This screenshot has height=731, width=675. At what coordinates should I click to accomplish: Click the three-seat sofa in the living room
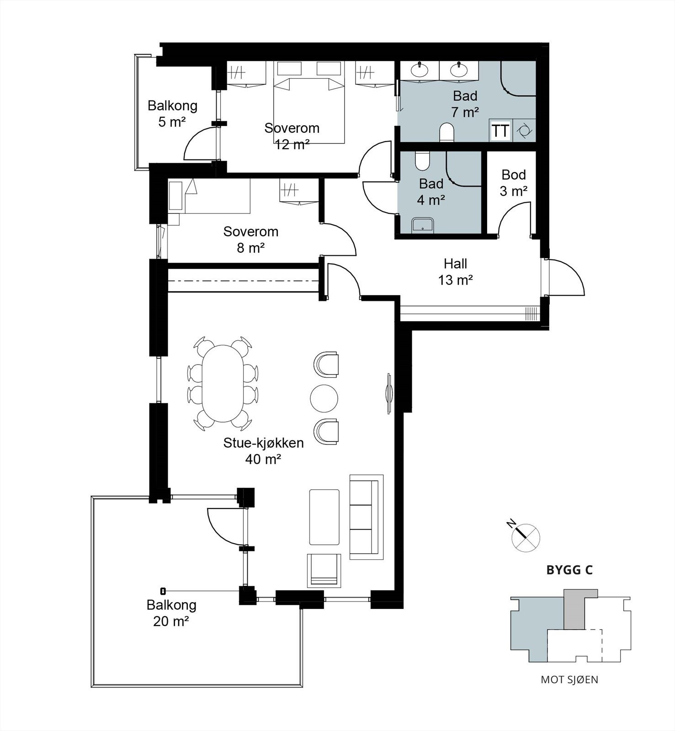point(367,517)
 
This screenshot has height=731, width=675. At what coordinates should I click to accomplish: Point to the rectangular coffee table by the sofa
point(324,517)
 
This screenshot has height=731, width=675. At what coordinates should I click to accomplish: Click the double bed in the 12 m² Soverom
point(308,110)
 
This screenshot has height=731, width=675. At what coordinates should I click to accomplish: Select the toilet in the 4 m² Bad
point(422,160)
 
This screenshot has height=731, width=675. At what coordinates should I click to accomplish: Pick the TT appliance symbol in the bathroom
point(500,131)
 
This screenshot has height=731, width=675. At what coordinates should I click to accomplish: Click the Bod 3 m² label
point(514,183)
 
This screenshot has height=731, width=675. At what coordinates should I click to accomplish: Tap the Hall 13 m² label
point(455,271)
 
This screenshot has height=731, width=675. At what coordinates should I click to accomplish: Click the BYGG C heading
point(569,570)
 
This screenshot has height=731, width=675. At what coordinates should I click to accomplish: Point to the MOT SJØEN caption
point(569,679)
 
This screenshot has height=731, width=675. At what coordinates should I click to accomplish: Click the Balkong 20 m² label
point(171,613)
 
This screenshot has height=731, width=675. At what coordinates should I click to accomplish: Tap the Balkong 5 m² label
point(172,114)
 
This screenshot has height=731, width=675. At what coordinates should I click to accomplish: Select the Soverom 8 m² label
point(251,239)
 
